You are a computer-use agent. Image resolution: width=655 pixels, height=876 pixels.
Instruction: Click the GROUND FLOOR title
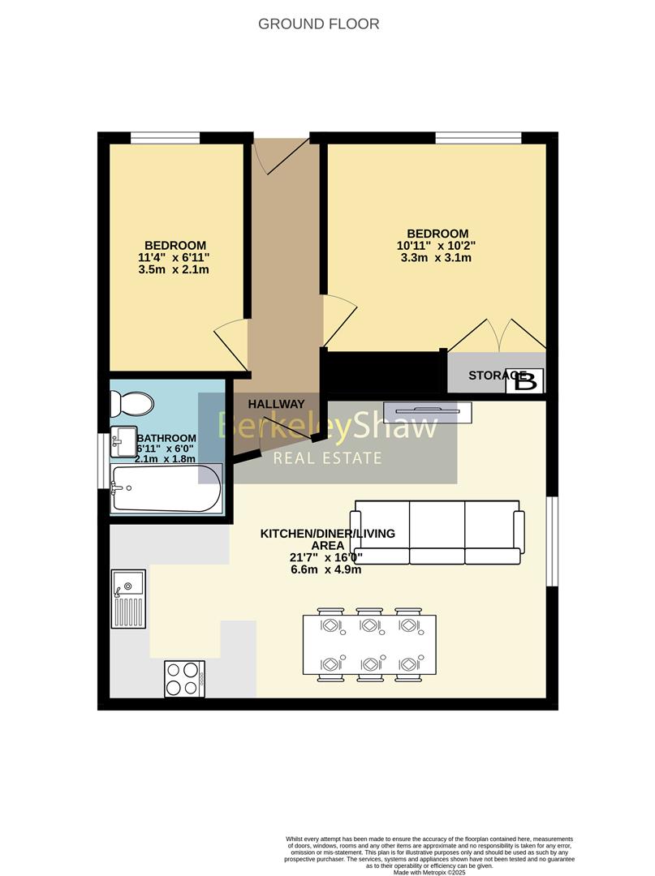click(x=318, y=24)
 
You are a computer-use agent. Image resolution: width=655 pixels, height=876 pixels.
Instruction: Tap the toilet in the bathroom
click(x=131, y=403)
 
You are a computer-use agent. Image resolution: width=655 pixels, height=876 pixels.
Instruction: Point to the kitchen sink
click(x=128, y=598)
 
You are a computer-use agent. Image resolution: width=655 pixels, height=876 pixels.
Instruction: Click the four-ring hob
click(x=184, y=678)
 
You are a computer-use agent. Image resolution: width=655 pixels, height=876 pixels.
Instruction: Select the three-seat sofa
click(x=436, y=532)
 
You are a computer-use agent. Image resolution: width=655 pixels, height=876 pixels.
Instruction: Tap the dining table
click(x=369, y=645)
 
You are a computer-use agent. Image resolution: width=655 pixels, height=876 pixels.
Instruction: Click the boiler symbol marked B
click(x=525, y=380)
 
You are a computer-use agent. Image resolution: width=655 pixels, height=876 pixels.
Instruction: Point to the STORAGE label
click(x=492, y=376)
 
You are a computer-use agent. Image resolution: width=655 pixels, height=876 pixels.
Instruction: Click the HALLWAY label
click(x=276, y=404)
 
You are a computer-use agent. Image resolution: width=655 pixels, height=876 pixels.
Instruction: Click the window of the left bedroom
click(x=166, y=138)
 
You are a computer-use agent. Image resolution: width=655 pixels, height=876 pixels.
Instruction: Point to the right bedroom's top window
click(x=478, y=138)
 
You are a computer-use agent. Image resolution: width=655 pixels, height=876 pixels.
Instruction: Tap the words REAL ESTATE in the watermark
click(x=327, y=459)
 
